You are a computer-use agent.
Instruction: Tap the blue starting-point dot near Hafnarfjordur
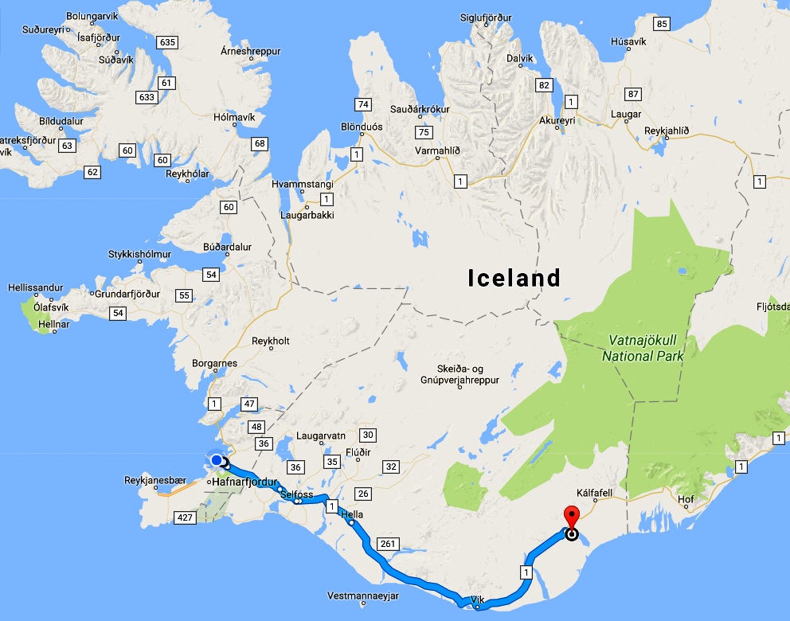pos(216,460)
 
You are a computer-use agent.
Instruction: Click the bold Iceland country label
pos(514,278)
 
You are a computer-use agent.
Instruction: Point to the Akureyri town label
pos(557,120)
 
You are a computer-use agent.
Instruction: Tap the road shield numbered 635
pos(167,42)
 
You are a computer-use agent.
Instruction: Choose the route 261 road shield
pos(387,545)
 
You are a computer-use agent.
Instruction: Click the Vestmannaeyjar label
pos(362,596)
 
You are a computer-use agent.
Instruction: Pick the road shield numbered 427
pos(184,518)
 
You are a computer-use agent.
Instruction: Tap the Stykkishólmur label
pos(139,255)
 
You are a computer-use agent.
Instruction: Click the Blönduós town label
pos(362,127)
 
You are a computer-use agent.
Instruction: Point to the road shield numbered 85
pos(661,24)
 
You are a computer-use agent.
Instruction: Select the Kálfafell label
pos(595,494)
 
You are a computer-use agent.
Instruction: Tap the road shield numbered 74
pos(363,104)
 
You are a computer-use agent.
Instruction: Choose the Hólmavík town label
pos(234,117)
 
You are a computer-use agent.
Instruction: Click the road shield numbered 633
pos(147,97)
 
